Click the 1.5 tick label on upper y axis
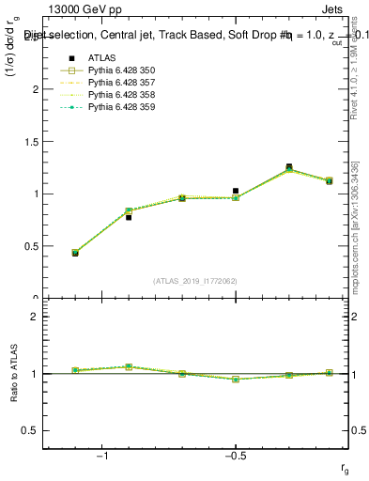pos(29,142)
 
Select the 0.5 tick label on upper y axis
pos(29,246)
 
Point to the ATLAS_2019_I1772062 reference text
pos(195,281)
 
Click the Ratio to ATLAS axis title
pos(14,372)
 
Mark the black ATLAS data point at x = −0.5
pos(236,191)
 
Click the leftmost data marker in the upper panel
pos(75,253)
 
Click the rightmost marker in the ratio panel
pos(329,373)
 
